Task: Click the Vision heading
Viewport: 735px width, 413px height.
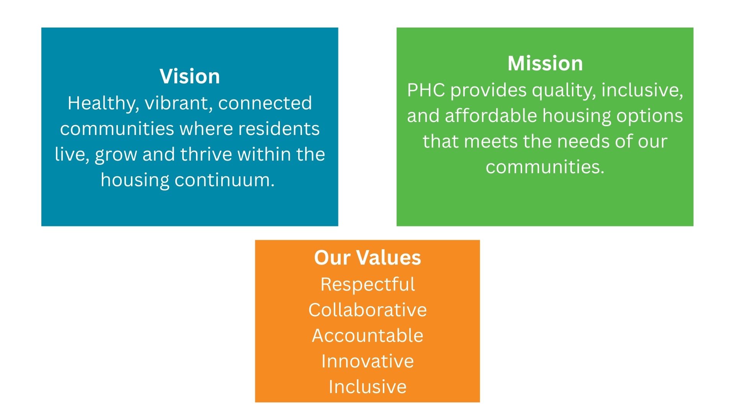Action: coord(190,76)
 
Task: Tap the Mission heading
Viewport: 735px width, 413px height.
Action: coord(545,63)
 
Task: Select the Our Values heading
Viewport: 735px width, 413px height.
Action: coord(367,257)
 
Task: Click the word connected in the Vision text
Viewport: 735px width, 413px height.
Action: coord(265,103)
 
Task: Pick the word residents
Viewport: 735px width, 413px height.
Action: coord(279,128)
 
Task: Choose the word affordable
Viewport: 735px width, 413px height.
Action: coord(491,115)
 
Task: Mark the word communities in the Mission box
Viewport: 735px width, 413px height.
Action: coord(545,167)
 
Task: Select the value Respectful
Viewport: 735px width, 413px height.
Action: coord(367,285)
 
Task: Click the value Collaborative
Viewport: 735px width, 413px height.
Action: coord(367,310)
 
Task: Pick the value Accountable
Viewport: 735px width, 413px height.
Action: coord(367,335)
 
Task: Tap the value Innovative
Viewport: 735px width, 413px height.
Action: coord(367,361)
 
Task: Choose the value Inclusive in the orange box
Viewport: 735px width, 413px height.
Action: coord(367,387)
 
